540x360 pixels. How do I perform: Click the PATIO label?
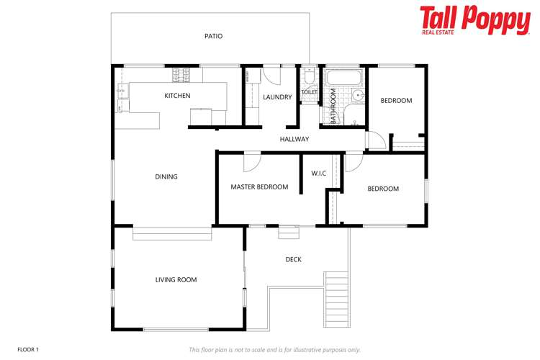coord(213,36)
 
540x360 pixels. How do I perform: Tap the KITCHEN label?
coord(177,96)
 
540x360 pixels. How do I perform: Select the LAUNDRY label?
coord(277,97)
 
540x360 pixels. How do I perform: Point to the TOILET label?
coord(310,92)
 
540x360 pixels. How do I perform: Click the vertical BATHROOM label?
coord(333,107)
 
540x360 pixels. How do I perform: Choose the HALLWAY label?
coord(294,139)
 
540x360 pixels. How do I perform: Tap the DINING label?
coord(166,176)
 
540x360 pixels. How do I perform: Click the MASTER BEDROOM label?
coord(259,187)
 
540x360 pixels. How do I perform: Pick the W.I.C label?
coord(319,174)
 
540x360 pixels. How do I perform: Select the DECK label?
coord(293,259)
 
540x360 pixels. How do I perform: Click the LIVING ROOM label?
coord(176,279)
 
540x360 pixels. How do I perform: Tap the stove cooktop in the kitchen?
coord(181,73)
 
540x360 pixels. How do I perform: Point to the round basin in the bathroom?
coord(358,94)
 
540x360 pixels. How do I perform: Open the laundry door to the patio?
coord(271,73)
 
